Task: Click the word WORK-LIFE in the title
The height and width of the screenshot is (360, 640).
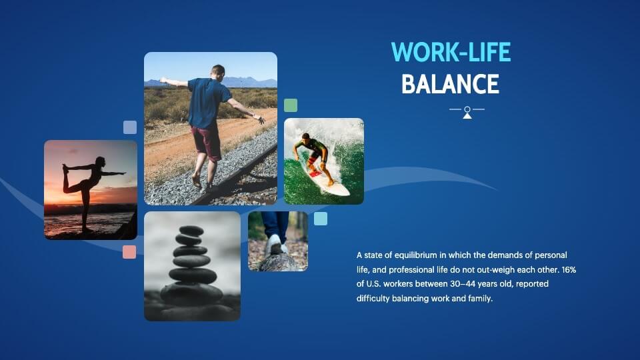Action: (451, 52)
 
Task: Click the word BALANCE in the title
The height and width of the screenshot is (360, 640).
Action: (450, 84)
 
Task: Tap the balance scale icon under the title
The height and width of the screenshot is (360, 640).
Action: (467, 112)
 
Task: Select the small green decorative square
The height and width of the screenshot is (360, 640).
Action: (291, 105)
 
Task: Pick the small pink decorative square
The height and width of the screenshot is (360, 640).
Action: (129, 252)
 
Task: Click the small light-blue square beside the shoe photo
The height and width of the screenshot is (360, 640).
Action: (321, 219)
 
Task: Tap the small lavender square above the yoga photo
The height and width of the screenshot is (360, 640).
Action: (130, 127)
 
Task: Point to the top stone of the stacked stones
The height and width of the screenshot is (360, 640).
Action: (191, 231)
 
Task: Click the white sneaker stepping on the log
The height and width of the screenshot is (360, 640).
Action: (276, 245)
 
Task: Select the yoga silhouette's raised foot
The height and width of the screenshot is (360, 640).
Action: (65, 167)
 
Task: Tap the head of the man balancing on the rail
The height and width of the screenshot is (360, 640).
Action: (218, 72)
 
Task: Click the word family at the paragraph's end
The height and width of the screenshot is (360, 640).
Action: (481, 299)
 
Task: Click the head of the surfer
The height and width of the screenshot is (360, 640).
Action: (306, 136)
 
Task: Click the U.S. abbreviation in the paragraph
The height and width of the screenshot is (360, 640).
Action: (373, 284)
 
